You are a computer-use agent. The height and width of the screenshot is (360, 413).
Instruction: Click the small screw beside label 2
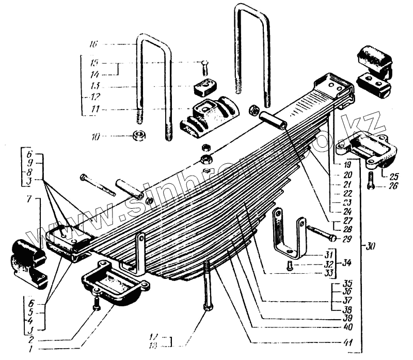click(96, 304)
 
